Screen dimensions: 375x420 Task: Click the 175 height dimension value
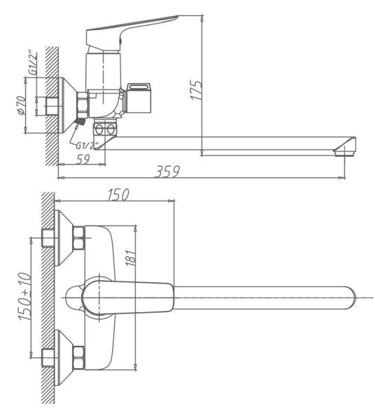196,90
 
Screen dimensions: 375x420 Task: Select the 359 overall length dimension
167,171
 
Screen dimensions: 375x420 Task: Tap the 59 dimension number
83,160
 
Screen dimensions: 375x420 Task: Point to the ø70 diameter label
22,105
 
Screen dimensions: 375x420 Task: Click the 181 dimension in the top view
130,258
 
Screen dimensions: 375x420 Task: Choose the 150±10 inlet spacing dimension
25,297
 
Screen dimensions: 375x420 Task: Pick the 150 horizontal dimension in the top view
118,195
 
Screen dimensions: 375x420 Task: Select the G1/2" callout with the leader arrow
87,146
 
